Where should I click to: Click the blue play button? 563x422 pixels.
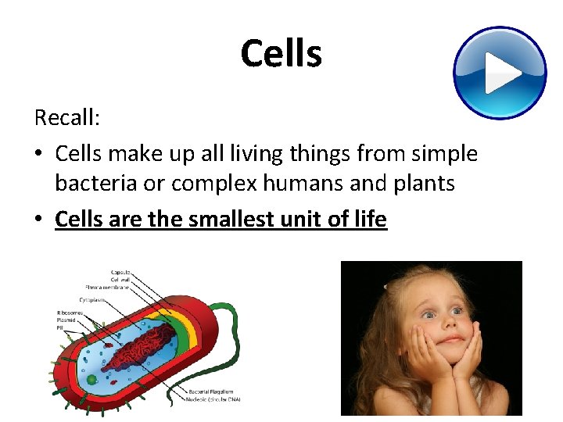(x=500, y=73)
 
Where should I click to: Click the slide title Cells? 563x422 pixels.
(x=281, y=54)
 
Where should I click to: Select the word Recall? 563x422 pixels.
(x=65, y=118)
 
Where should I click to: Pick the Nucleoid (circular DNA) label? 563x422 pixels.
(x=215, y=399)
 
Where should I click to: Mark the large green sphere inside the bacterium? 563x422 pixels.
(x=91, y=380)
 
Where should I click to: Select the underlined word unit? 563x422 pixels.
(x=317, y=220)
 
